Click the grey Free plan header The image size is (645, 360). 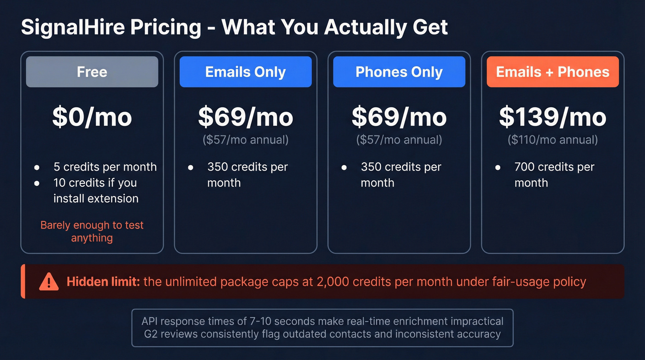(92, 72)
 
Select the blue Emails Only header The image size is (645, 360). (246, 72)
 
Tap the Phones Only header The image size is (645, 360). (399, 72)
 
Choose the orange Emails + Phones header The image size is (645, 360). (552, 72)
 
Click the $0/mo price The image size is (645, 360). (92, 117)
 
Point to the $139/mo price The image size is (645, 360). (552, 117)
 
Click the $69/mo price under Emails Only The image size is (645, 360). (246, 117)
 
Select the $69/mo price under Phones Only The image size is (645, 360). (399, 117)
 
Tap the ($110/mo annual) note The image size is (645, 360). (552, 140)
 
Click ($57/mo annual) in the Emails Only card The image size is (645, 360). (246, 140)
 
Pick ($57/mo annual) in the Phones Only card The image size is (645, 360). (399, 140)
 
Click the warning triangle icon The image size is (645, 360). (48, 281)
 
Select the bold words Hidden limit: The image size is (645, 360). (103, 282)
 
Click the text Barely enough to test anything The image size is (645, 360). (92, 231)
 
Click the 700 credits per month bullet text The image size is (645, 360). (554, 175)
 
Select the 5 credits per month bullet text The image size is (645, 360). (105, 167)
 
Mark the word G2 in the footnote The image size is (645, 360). (151, 334)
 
